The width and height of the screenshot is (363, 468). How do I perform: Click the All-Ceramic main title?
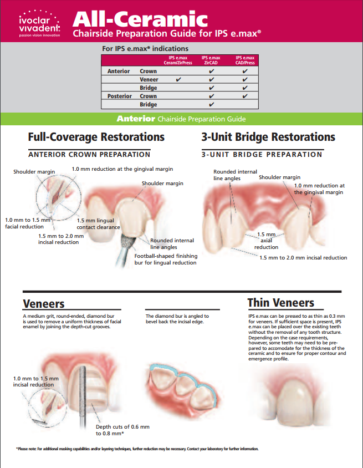coord(141,19)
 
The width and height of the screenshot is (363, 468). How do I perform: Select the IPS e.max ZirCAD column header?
coord(211,60)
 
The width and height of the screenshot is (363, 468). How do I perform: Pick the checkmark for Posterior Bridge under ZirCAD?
coord(211,104)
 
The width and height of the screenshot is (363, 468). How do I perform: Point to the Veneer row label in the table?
coord(149,79)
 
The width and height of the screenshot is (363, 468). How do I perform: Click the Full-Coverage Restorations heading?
coord(96,136)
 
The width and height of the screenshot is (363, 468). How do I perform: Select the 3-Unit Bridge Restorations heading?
coord(268,136)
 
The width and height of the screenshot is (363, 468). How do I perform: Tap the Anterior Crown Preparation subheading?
coord(89,154)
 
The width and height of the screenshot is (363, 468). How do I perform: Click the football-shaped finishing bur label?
coord(166,259)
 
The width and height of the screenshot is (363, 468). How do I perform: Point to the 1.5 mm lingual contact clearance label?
coord(99,224)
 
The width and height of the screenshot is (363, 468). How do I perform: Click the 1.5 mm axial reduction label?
coord(266,241)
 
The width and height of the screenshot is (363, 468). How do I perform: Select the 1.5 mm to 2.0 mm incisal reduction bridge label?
coord(304,257)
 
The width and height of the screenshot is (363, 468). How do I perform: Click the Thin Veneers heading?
coord(280,303)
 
